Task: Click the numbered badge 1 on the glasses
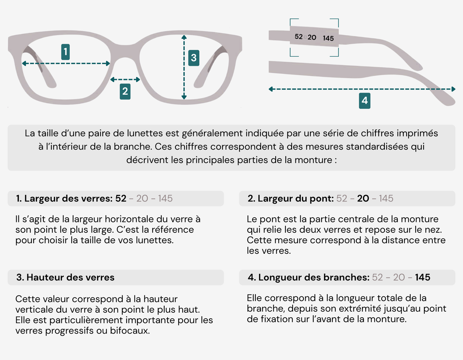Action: click(65, 52)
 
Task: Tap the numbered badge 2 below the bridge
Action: click(125, 91)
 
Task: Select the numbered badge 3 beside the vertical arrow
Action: click(194, 58)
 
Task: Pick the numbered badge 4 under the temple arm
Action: click(365, 100)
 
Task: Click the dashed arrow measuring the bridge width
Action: click(125, 80)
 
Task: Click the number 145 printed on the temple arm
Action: click(328, 38)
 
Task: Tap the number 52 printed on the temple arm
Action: click(298, 37)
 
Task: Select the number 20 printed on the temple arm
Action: click(312, 37)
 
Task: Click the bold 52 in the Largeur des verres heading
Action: click(121, 198)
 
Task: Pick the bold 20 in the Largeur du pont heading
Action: click(363, 198)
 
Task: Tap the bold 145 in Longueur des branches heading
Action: click(422, 277)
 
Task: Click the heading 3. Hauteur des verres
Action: click(65, 277)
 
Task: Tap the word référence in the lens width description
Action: click(173, 230)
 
